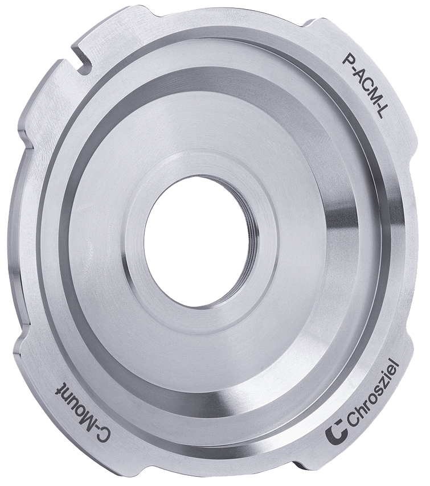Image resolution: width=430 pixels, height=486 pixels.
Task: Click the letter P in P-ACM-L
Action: tap(347, 57)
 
